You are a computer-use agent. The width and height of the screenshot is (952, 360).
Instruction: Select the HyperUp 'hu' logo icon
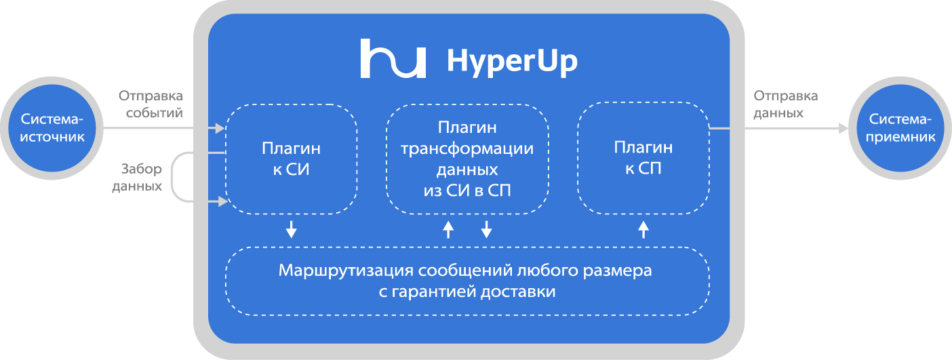pos(393,59)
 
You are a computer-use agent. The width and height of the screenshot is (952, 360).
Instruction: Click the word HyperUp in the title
pos(512,61)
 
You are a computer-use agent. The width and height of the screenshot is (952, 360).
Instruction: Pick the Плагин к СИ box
pos(291,159)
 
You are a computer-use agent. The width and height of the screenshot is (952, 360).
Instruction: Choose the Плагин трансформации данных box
pos(467,159)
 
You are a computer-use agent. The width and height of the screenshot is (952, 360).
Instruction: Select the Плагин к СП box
pos(643,159)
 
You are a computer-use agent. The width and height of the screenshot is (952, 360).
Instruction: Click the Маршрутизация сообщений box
pos(467,281)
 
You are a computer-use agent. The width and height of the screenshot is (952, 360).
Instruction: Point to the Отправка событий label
pos(151,104)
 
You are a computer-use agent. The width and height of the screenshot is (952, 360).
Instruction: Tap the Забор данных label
pos(137,176)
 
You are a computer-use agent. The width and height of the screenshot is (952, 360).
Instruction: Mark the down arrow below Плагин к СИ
pos(291,229)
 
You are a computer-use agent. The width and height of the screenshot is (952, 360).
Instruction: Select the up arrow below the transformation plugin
pos(448,229)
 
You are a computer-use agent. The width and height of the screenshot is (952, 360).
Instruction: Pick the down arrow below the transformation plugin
pos(486,229)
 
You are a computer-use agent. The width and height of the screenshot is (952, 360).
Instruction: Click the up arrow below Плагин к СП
pos(643,229)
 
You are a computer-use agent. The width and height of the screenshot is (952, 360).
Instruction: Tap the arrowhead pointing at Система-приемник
pos(843,127)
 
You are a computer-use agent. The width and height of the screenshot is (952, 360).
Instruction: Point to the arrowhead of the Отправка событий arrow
pos(219,127)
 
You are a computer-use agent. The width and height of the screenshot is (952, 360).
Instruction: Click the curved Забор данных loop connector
pos(174,177)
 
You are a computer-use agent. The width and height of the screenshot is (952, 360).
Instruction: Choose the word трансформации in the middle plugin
pos(467,149)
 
